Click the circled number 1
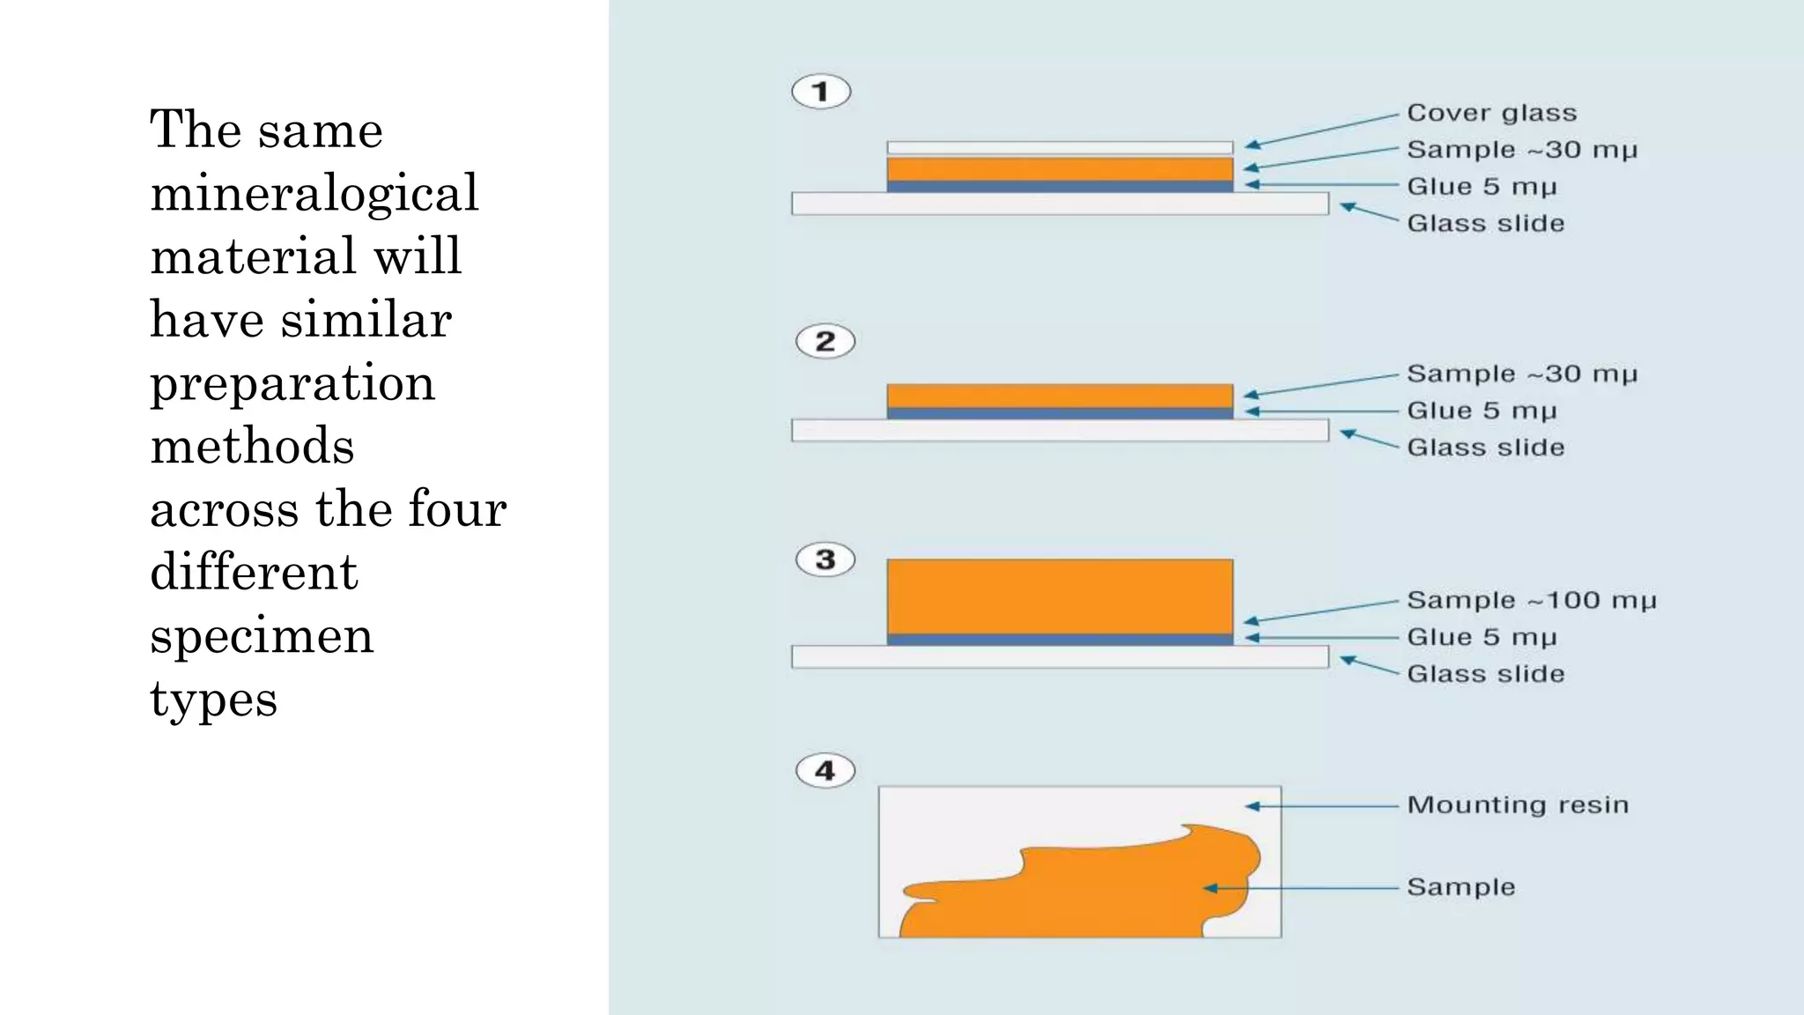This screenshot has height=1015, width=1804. coord(821,92)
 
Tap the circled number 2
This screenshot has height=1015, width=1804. coord(825,341)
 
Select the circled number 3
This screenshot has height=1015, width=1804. coord(825,559)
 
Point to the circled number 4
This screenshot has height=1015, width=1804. coord(825,771)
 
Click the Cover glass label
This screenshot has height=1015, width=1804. coord(1491,114)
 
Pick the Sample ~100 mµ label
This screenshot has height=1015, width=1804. coord(1531,601)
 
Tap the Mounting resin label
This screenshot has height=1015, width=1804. coord(1517,805)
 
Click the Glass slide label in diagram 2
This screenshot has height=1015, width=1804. coord(1485,448)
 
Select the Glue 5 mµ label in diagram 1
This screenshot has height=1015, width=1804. coord(1482,187)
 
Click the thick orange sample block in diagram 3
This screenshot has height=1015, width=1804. coord(1060,596)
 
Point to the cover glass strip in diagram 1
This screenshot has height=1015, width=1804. coord(1060,147)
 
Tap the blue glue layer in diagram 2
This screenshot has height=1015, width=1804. coord(1060,412)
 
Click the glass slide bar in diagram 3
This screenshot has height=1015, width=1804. coord(1060,657)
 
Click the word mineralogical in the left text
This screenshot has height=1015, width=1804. coord(314,194)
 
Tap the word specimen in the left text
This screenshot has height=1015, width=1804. coord(262,636)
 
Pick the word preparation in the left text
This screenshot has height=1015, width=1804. coord(292,384)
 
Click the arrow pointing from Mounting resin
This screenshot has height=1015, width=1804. coord(1321,806)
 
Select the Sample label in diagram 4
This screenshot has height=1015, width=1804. coord(1460,887)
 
